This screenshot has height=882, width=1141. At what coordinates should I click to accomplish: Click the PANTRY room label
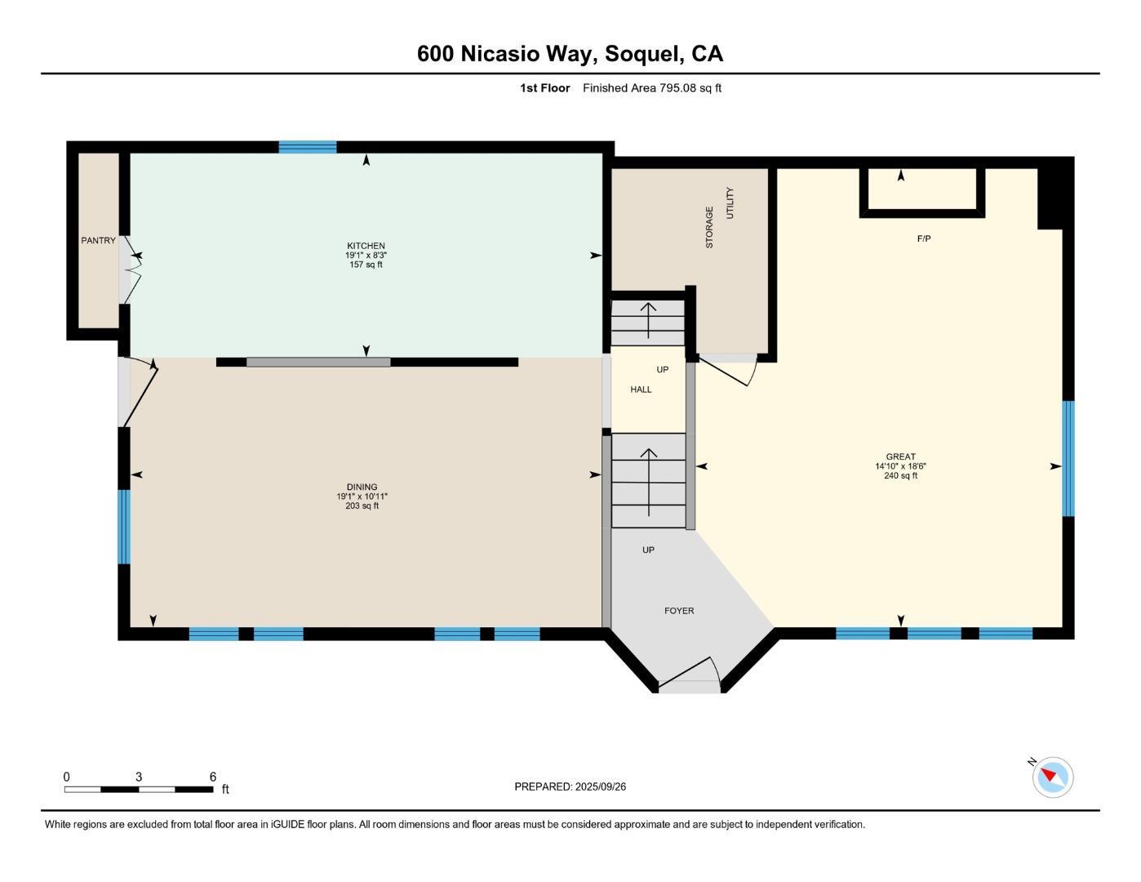click(x=98, y=241)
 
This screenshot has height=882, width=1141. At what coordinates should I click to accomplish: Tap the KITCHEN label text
click(x=366, y=246)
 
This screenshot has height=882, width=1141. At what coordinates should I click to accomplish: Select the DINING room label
click(x=362, y=487)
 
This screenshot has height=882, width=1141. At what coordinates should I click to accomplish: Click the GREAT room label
click(x=900, y=457)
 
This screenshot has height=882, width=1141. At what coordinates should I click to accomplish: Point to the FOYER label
click(x=679, y=611)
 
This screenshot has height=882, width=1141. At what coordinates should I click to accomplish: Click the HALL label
click(x=641, y=390)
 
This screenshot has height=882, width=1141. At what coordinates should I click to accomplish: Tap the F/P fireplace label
click(x=923, y=238)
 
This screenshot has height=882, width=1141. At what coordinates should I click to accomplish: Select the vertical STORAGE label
click(x=709, y=227)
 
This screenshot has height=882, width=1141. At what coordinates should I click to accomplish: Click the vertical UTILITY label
click(x=730, y=203)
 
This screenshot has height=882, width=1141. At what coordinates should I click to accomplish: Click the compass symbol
click(x=1052, y=777)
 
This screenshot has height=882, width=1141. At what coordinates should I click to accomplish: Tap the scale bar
click(x=139, y=789)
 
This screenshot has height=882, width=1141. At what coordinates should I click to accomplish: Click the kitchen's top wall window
click(x=308, y=148)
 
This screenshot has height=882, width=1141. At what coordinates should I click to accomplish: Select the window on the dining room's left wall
click(x=124, y=527)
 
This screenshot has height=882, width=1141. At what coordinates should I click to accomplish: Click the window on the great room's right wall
click(x=1068, y=458)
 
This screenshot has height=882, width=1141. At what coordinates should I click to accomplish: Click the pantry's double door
click(x=129, y=269)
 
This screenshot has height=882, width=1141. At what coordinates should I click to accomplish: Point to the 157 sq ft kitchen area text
click(x=366, y=265)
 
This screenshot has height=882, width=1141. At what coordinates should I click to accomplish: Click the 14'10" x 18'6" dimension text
click(x=900, y=466)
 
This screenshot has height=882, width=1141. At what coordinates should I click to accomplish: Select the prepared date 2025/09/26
click(x=600, y=786)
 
